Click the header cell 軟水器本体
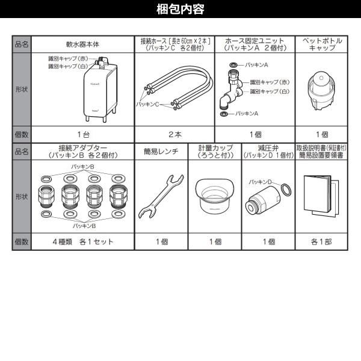coord(82,44)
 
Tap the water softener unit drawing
coord(98,88)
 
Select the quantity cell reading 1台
coord(82,134)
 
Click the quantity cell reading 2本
coord(174,134)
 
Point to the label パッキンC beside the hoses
coord(148,104)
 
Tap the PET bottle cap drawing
coord(322,90)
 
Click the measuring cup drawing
coord(215,196)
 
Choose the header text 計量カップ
coord(215,147)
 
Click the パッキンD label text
coord(260,181)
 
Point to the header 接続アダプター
coord(82,147)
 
